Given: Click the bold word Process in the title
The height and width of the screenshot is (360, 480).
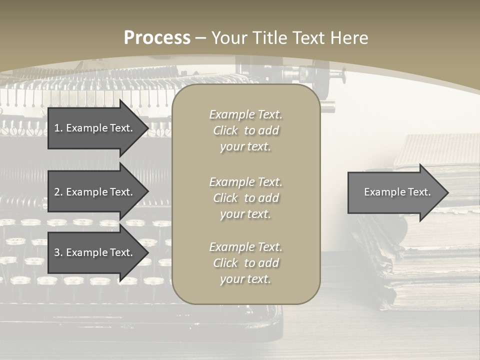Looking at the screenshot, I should pyautogui.click(x=157, y=38).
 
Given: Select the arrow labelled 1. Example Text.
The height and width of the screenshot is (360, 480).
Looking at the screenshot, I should pyautogui.click(x=95, y=128).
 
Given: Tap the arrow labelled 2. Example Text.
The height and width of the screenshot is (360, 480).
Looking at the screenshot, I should pyautogui.click(x=95, y=192).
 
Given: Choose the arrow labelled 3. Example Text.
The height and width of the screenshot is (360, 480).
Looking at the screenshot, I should pyautogui.click(x=95, y=252).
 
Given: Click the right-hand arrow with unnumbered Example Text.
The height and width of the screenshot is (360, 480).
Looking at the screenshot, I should pyautogui.click(x=395, y=192).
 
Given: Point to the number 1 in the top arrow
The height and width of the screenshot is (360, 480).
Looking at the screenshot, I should pyautogui.click(x=57, y=128).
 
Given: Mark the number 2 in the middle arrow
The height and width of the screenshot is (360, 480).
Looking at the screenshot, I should pyautogui.click(x=57, y=192).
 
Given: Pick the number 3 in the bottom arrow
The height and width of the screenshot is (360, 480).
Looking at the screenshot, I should pyautogui.click(x=57, y=252).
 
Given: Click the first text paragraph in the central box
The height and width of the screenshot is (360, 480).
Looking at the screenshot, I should pyautogui.click(x=245, y=130).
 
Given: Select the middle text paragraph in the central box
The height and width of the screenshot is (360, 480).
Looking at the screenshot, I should pyautogui.click(x=245, y=198).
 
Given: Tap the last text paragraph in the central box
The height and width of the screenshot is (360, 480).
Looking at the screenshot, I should pyautogui.click(x=245, y=263).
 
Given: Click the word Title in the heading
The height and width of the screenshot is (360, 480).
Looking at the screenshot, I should pyautogui.click(x=269, y=38).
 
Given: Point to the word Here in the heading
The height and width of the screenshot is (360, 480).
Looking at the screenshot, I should pyautogui.click(x=350, y=38).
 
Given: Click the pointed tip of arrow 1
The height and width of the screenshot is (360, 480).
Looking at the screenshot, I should pyautogui.click(x=147, y=128).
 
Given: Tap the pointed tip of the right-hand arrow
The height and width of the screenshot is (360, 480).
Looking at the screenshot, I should pyautogui.click(x=447, y=192).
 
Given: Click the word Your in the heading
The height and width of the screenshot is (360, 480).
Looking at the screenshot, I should pyautogui.click(x=229, y=38).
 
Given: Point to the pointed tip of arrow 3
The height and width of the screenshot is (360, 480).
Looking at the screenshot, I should pyautogui.click(x=147, y=252).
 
